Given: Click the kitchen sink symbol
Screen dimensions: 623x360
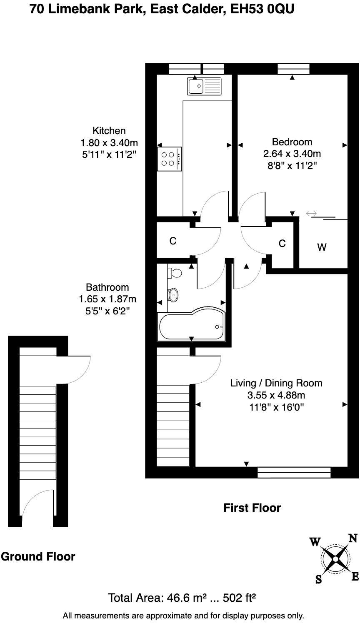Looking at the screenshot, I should [x=204, y=86].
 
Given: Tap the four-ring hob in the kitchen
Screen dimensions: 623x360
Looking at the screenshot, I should [x=170, y=159].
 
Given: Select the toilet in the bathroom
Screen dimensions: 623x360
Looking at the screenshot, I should [x=175, y=273].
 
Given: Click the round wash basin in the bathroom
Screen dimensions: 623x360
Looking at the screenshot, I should [x=173, y=295].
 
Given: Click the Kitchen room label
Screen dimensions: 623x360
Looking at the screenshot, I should [x=109, y=130].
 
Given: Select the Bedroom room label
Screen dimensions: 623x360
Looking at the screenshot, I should [x=292, y=142].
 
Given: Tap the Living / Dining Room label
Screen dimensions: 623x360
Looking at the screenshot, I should [x=276, y=383].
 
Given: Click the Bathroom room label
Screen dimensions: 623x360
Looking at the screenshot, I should [x=107, y=287].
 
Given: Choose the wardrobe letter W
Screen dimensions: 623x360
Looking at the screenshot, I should [x=322, y=247].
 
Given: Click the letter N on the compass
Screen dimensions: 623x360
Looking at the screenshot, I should [x=352, y=539].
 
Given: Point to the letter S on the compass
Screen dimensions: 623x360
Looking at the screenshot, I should [x=319, y=579].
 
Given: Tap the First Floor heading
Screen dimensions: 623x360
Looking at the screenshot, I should [x=252, y=508].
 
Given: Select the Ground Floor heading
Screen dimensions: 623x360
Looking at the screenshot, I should [x=38, y=556].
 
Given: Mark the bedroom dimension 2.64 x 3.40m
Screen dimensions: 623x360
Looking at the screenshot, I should [x=292, y=154].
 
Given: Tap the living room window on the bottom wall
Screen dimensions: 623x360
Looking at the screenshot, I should [x=294, y=472].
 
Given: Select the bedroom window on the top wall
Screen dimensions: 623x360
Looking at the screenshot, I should [x=293, y=69].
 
